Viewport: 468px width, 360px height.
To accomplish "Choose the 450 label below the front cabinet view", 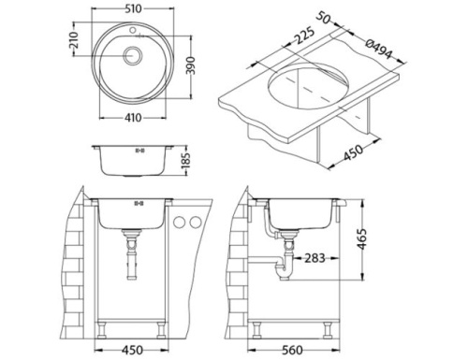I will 134,352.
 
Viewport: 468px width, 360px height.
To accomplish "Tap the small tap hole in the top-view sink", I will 135,31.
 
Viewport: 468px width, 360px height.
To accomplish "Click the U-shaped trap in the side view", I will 284,270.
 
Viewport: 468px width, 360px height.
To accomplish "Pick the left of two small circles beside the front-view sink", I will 181,223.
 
